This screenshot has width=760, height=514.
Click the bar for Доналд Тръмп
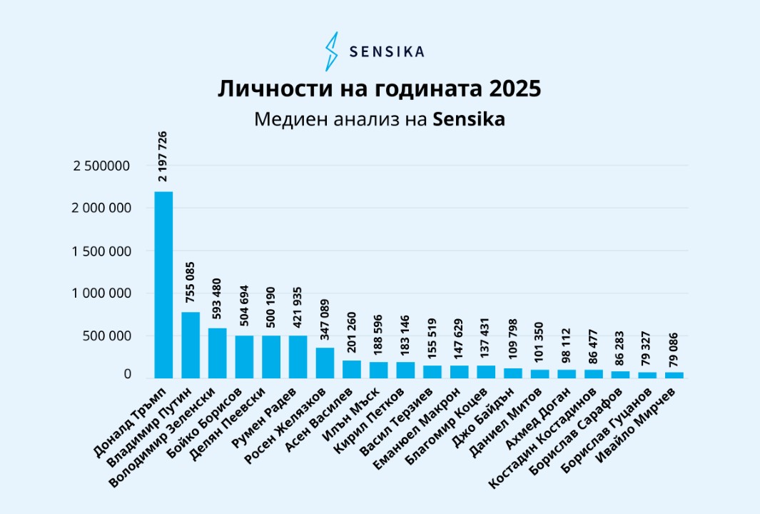(163, 285)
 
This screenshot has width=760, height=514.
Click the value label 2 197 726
(163, 156)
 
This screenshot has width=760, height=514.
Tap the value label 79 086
(674, 347)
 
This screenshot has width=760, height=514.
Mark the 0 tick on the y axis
(127, 374)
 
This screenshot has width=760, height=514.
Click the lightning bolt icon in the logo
(331, 51)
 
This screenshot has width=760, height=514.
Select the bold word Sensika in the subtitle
(469, 119)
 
